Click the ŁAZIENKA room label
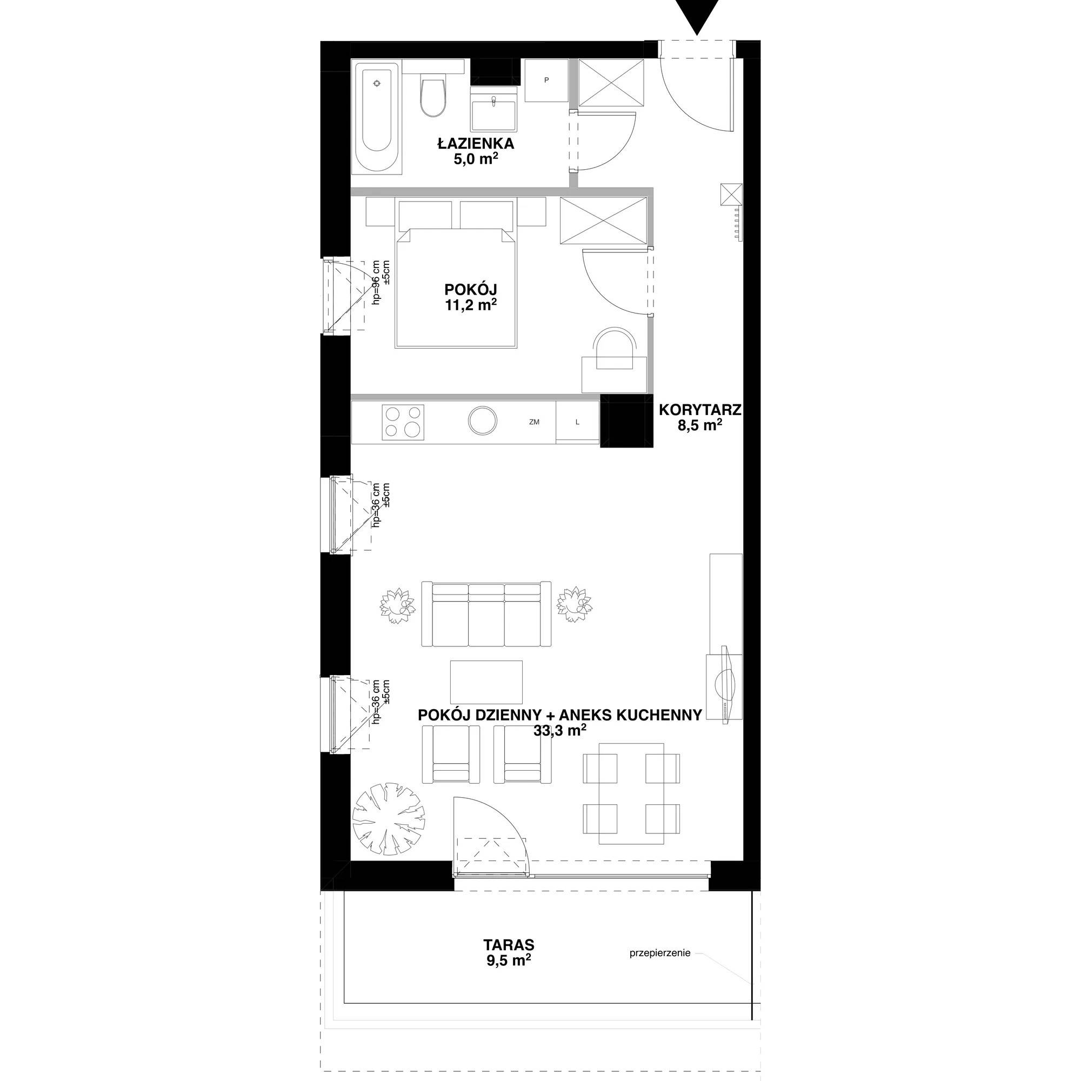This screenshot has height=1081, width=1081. click(476, 143)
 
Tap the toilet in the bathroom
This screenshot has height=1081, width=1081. click(433, 95)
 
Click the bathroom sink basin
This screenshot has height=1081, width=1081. click(493, 110)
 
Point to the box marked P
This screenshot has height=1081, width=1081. click(546, 81)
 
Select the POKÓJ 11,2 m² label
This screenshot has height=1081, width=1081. click(471, 297)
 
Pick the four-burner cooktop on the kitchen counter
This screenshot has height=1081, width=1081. click(402, 422)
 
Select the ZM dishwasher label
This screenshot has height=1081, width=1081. click(534, 422)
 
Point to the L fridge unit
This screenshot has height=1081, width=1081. click(577, 422)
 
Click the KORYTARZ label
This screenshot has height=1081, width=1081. click(699, 410)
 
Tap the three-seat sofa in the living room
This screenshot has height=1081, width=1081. click(486, 614)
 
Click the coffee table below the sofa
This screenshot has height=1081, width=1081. click(486, 682)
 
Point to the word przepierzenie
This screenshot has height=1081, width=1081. click(659, 953)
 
